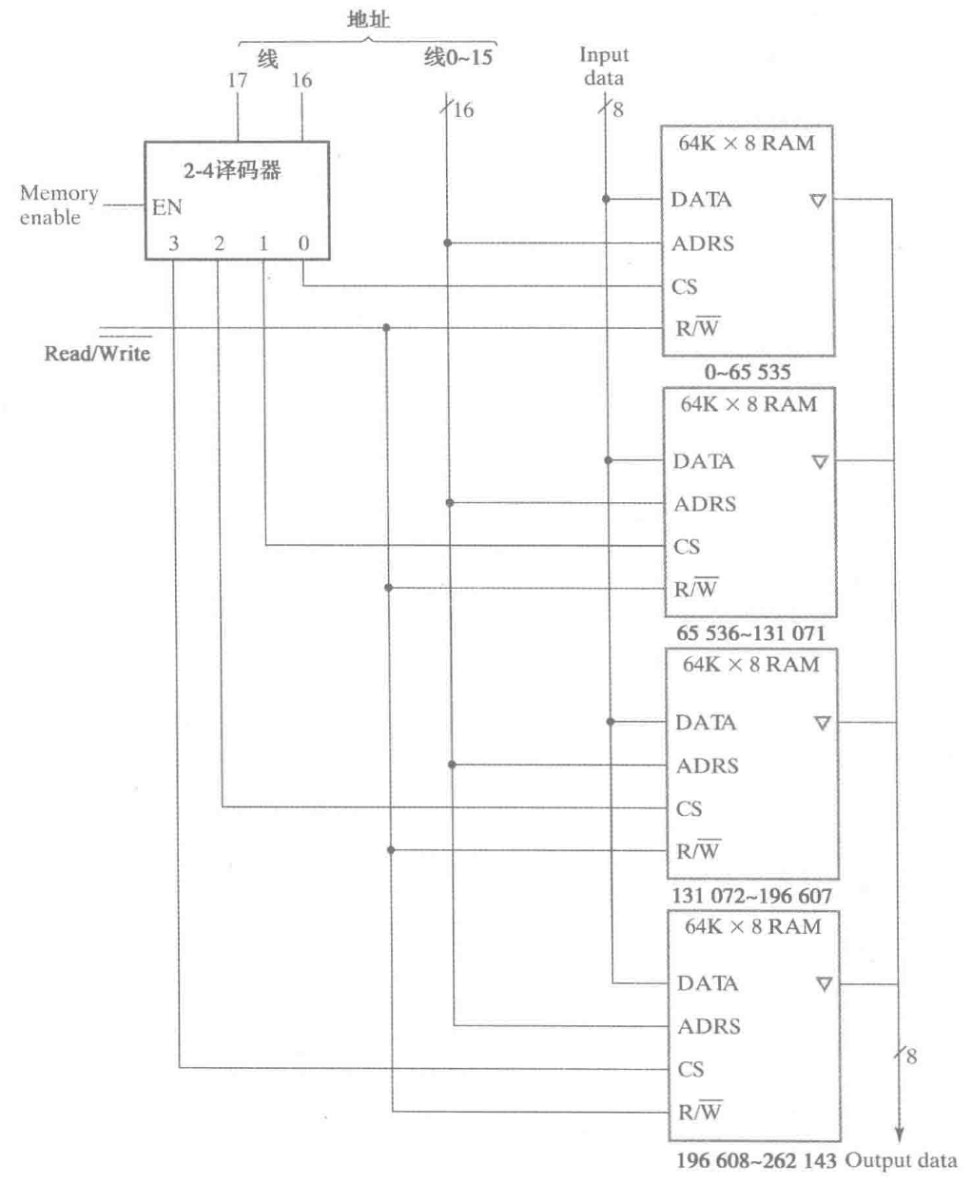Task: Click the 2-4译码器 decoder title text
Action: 232,171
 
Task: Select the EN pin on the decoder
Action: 166,207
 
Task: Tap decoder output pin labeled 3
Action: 173,243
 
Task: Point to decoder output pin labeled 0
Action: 303,243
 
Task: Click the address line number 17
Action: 237,81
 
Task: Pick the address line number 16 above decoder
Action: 301,81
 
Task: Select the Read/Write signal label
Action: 97,353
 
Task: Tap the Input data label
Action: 604,67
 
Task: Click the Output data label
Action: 901,1160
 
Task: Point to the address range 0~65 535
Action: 747,372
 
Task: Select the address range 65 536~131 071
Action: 749,633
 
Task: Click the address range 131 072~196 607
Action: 751,896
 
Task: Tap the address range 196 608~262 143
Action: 756,1161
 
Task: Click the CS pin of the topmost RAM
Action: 685,286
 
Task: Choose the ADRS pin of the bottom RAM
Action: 709,1026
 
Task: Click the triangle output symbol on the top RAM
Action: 818,201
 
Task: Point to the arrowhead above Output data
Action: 899,1133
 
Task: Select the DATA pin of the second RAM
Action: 703,461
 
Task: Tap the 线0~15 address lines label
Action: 458,58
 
